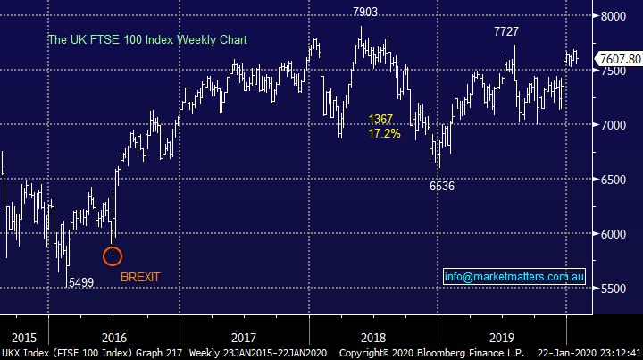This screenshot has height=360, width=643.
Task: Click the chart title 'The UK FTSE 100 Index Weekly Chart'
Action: pyautogui.click(x=147, y=40)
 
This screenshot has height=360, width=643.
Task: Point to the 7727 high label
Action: pyautogui.click(x=507, y=31)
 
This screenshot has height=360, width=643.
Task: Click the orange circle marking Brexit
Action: pyautogui.click(x=113, y=256)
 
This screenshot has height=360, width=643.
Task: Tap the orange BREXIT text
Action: pyautogui.click(x=141, y=277)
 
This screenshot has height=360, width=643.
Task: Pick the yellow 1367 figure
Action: pyautogui.click(x=380, y=119)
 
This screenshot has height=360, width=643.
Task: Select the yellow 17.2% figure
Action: pyautogui.click(x=384, y=133)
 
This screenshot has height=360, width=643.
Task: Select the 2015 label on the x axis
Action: pyautogui.click(x=23, y=338)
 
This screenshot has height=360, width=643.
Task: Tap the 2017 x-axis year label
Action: pyautogui.click(x=243, y=338)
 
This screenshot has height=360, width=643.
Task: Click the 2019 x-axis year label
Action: pyautogui.click(x=504, y=338)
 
